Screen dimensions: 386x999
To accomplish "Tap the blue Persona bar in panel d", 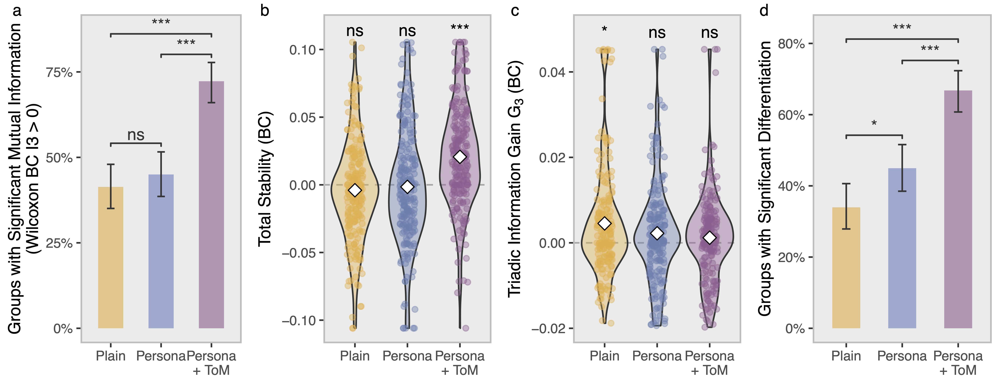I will coord(902,248).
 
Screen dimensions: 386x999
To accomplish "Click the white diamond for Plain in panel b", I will coord(355,190).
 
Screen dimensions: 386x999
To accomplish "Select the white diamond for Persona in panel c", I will coord(657,233).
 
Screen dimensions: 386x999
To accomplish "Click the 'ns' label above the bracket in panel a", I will coord(136,135).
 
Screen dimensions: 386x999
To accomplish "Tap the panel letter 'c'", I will coord(515,10).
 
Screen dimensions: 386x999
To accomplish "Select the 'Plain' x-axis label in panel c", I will coord(604,356).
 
